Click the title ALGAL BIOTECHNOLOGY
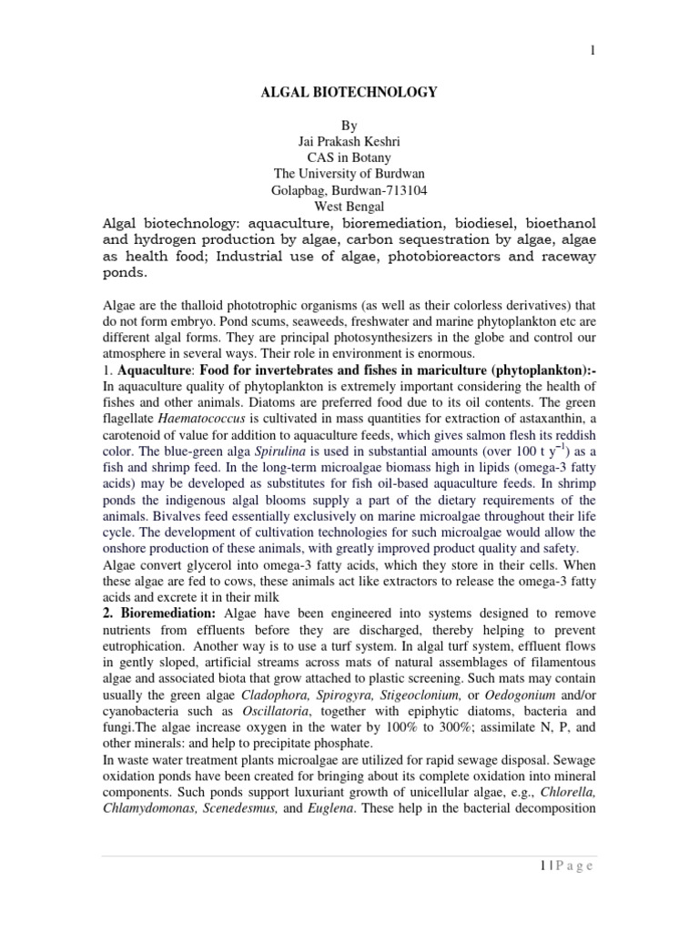[x=349, y=92]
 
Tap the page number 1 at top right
[x=593, y=52]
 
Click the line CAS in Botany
[x=349, y=157]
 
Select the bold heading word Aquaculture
[x=153, y=370]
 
